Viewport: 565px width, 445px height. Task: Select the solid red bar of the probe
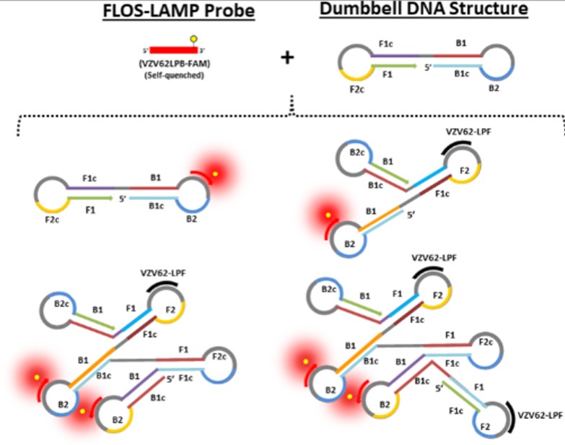(173, 50)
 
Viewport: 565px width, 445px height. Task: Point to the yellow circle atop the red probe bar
(193, 38)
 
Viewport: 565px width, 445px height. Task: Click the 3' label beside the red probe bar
(203, 51)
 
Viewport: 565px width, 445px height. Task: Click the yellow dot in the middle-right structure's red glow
(326, 215)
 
